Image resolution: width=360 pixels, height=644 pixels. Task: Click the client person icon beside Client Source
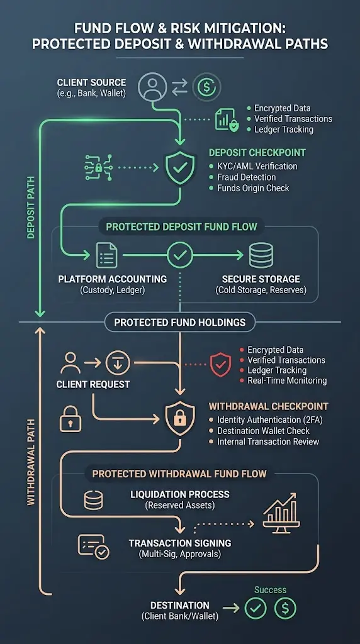(x=152, y=87)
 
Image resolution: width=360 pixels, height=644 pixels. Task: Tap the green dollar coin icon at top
(x=206, y=87)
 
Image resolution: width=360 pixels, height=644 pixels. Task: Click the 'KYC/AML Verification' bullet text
(x=257, y=166)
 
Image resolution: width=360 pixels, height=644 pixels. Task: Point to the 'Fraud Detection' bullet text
(x=247, y=177)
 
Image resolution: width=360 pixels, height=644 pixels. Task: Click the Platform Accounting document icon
(x=106, y=255)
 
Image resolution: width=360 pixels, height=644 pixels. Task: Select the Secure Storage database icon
(x=261, y=255)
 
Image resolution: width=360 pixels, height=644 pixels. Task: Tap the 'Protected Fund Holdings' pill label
(x=180, y=323)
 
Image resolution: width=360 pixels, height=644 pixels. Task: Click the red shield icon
(x=221, y=364)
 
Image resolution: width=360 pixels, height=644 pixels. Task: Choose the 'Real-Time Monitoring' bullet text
(x=287, y=380)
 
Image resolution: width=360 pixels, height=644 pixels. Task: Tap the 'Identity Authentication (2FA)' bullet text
(x=259, y=419)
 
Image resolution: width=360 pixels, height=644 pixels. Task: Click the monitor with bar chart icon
(x=282, y=513)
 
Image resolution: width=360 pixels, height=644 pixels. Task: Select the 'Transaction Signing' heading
(x=180, y=543)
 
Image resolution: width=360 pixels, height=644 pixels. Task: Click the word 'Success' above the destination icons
(x=270, y=590)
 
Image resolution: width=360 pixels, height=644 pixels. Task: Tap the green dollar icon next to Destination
(x=285, y=608)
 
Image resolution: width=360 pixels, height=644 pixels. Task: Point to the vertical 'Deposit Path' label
(x=31, y=208)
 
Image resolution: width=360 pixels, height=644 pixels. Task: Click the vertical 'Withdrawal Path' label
(x=31, y=462)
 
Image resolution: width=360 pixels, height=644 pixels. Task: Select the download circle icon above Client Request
(x=118, y=363)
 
